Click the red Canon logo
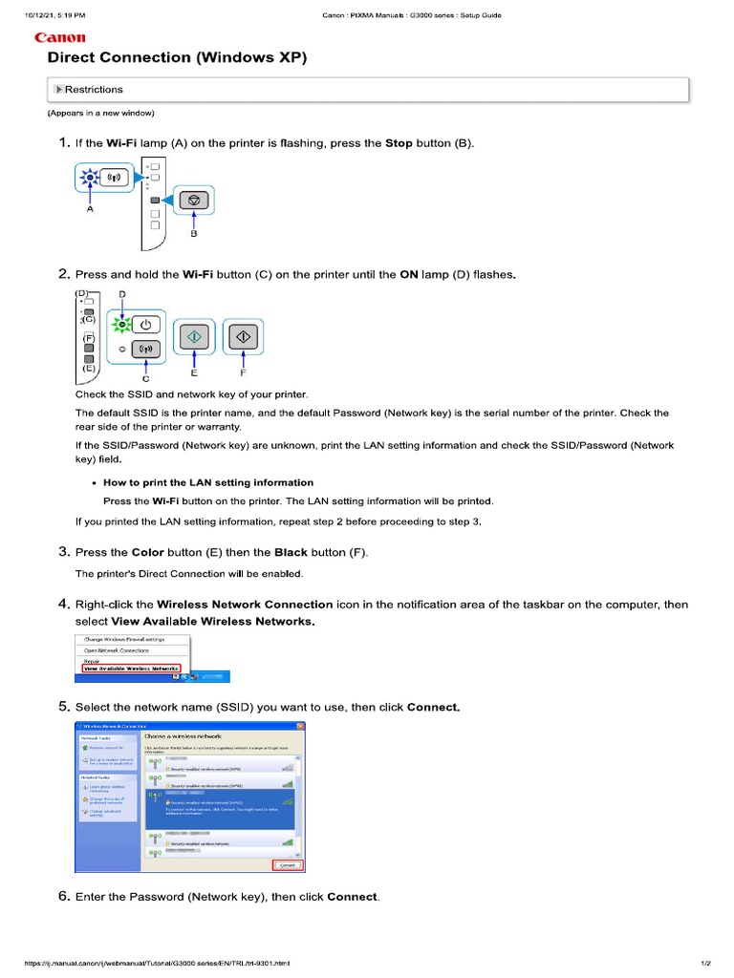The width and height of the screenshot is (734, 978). pos(59,38)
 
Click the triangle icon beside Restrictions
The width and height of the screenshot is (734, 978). pos(58,90)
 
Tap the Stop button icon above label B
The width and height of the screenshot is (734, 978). pos(194,201)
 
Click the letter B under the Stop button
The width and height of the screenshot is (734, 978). pos(194,232)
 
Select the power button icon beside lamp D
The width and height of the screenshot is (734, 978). pos(145,324)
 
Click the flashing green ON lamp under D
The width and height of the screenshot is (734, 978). pos(121,325)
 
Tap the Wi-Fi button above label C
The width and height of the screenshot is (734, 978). pos(145,350)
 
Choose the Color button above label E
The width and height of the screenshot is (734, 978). pos(194,337)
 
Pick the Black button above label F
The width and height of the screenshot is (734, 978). pos(243,337)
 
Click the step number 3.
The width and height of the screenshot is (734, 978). pos(63,552)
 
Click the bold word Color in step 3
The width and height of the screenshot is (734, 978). pos(147,553)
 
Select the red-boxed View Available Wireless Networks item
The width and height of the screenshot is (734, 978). pos(131,670)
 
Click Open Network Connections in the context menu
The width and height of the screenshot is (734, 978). pos(116,649)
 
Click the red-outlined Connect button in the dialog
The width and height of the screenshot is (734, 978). pos(287,865)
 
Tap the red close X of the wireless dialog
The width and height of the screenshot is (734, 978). pos(300,727)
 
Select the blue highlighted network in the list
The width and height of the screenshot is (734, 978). pos(220,802)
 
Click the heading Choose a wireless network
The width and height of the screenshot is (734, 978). pos(183,737)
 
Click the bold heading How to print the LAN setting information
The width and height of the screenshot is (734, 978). pos(208,482)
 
